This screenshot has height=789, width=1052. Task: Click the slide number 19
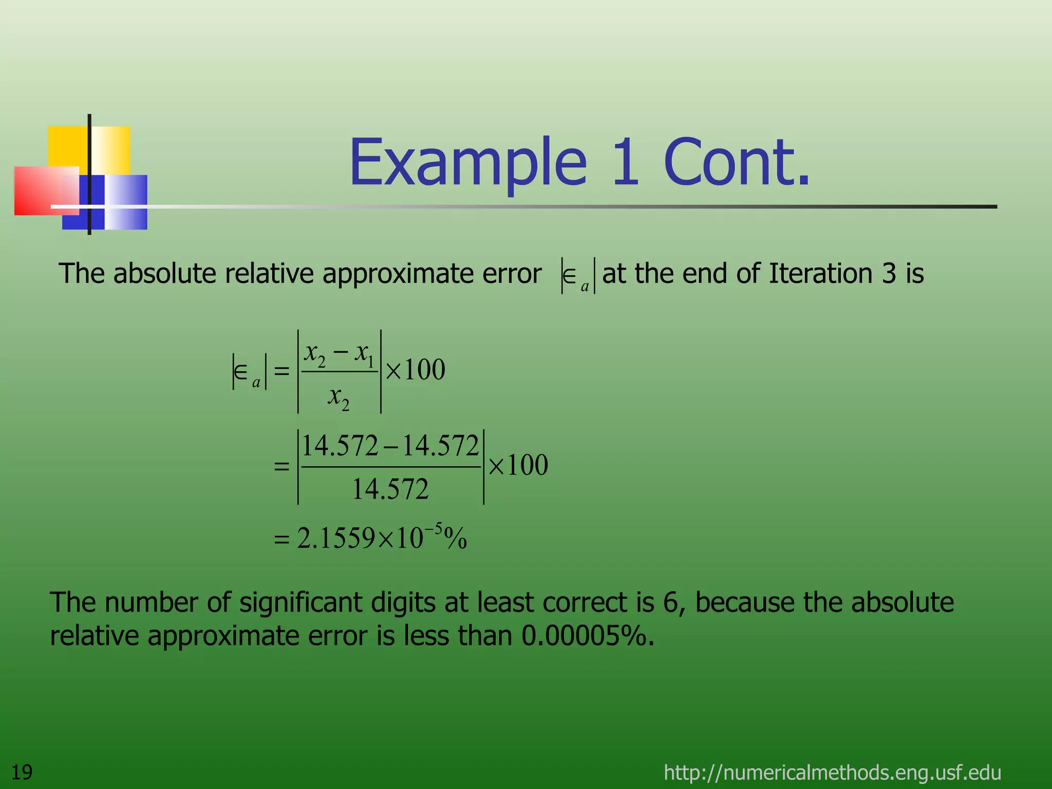(22, 772)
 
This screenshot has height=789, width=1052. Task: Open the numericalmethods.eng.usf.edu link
(832, 773)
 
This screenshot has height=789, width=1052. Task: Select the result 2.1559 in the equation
(336, 538)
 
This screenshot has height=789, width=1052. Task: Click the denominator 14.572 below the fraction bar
(390, 489)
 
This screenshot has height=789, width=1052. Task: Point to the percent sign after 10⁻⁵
(456, 539)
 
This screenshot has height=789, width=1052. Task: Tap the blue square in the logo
(126, 201)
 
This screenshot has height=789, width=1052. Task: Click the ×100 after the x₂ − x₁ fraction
(415, 369)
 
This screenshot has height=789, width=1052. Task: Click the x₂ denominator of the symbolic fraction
(339, 397)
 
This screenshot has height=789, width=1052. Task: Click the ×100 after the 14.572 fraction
(518, 465)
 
